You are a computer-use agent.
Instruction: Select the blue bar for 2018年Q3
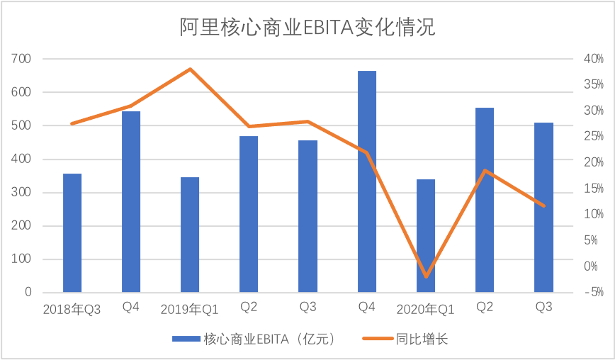click(x=72, y=232)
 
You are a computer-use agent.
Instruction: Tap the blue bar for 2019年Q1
click(x=190, y=235)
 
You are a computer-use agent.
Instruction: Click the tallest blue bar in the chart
click(x=367, y=181)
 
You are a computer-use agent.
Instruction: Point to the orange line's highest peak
click(x=190, y=69)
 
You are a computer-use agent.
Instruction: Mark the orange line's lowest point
click(x=426, y=276)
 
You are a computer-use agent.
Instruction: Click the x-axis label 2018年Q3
click(x=72, y=309)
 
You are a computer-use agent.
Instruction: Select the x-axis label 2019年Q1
click(x=189, y=309)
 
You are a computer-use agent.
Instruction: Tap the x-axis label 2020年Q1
click(x=425, y=309)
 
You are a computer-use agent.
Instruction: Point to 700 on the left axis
click(x=22, y=59)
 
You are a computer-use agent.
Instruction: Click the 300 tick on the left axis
click(x=22, y=193)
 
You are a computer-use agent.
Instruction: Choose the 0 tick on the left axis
click(x=28, y=292)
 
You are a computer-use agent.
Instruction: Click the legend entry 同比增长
click(x=424, y=339)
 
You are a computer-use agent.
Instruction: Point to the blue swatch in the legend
click(x=186, y=339)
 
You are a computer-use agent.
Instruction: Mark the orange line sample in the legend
click(x=380, y=339)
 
